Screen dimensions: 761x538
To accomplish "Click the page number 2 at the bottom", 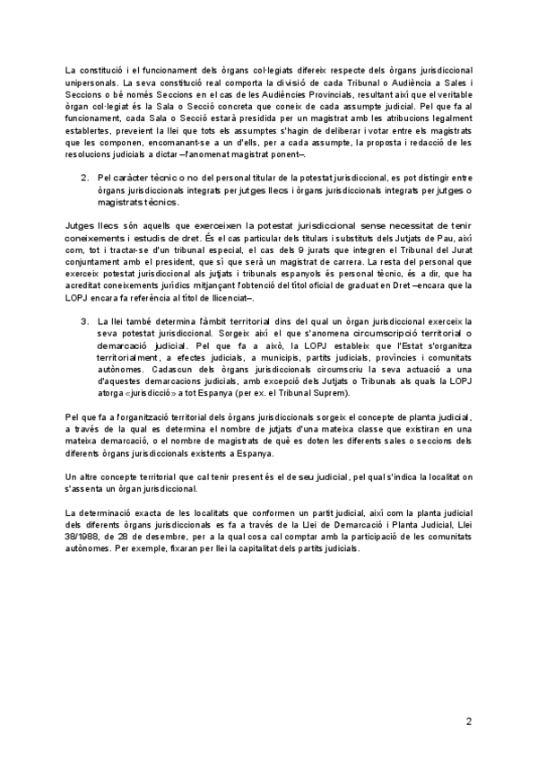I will click(x=468, y=721).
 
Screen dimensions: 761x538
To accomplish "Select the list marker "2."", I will click(x=85, y=178).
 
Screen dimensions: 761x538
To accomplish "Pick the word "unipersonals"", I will click(x=93, y=82).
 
